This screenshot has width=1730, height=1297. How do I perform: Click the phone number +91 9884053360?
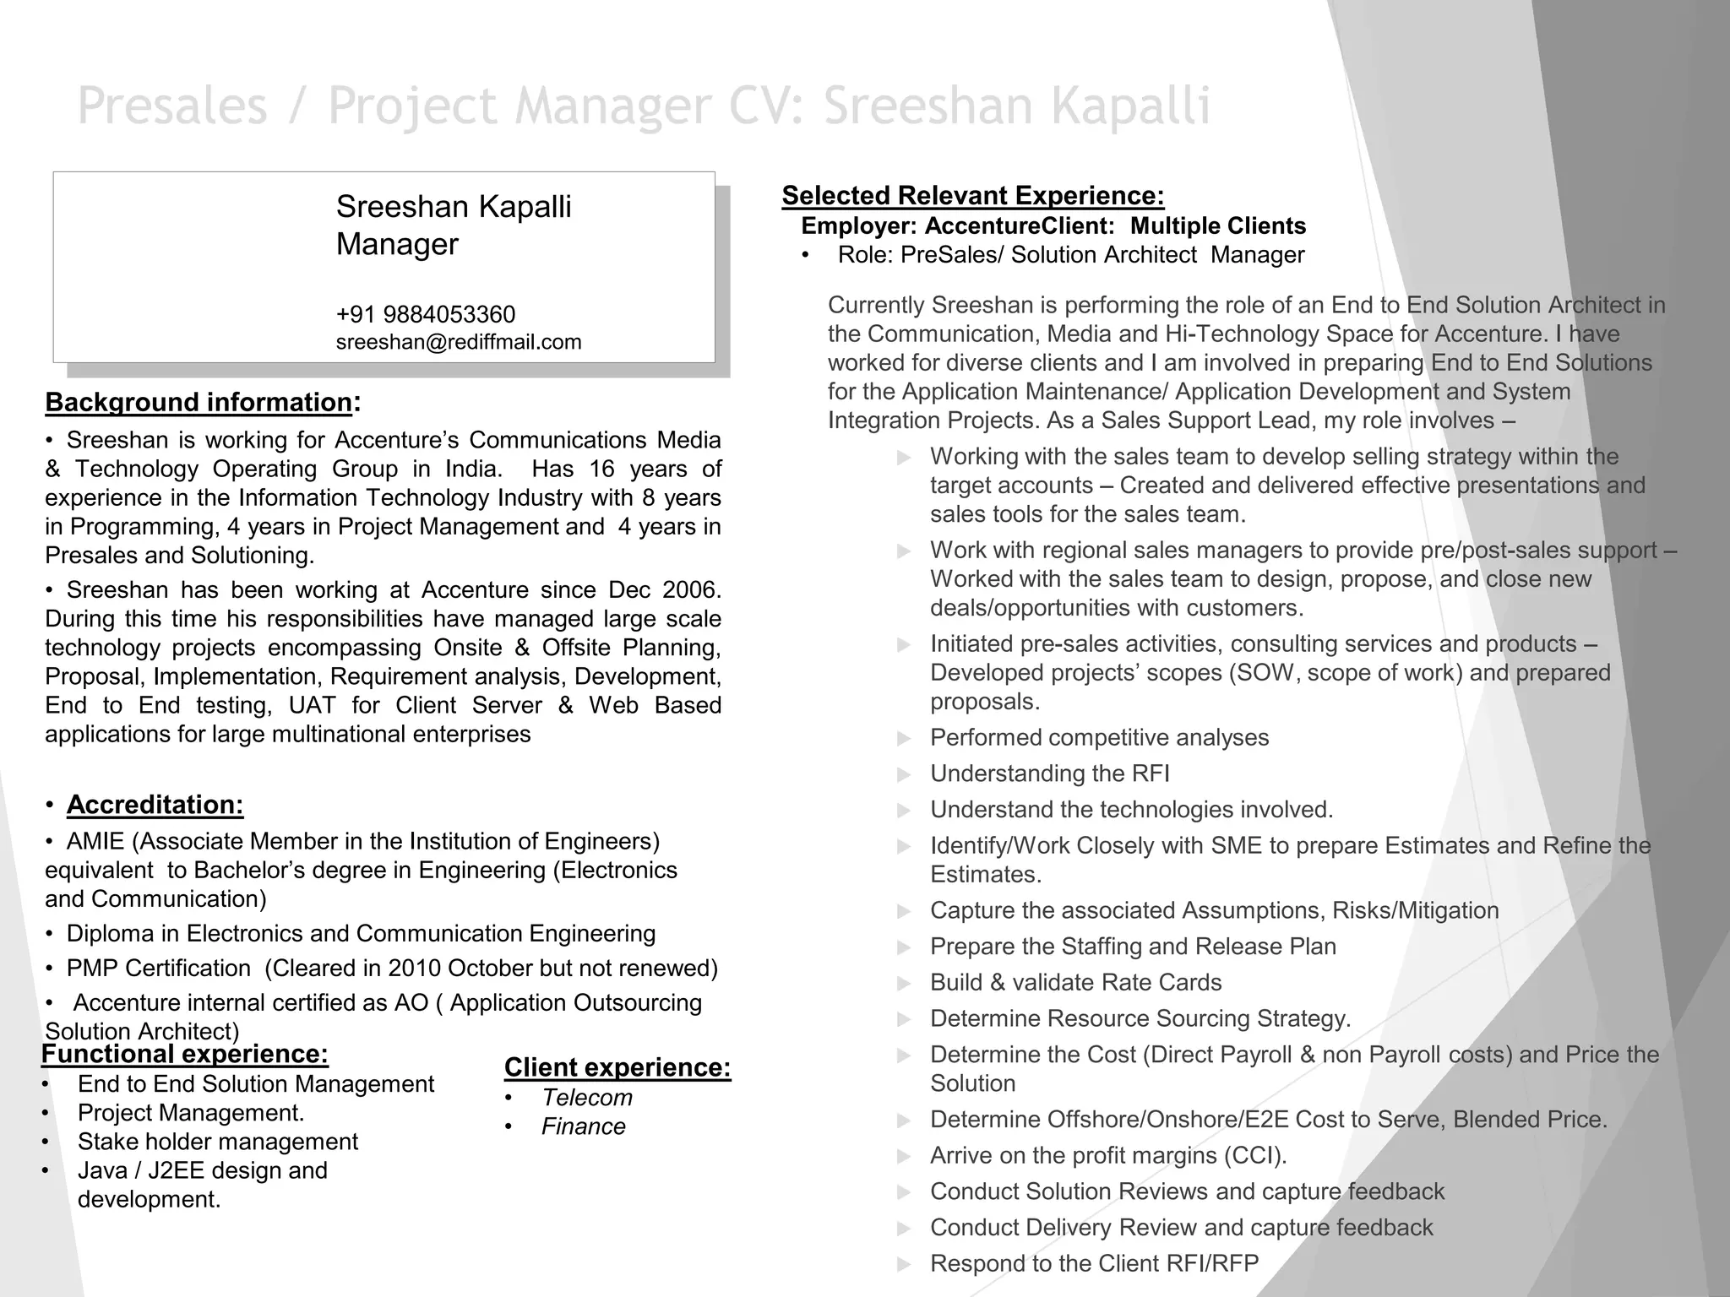pyautogui.click(x=425, y=314)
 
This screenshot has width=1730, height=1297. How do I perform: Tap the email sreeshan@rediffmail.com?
pyautogui.click(x=459, y=342)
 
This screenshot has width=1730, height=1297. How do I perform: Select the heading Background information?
pyautogui.click(x=199, y=402)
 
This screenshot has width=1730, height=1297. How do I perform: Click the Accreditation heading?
pyautogui.click(x=155, y=805)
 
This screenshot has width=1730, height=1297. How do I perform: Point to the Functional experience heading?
pyautogui.click(x=184, y=1054)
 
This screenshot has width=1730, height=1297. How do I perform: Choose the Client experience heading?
pyautogui.click(x=617, y=1067)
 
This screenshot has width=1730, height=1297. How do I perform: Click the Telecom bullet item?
pyautogui.click(x=586, y=1098)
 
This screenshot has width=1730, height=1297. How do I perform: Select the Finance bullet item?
pyautogui.click(x=583, y=1126)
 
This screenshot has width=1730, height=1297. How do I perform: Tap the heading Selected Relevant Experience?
pyautogui.click(x=972, y=195)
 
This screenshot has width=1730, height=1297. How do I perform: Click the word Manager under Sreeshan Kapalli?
pyautogui.click(x=397, y=244)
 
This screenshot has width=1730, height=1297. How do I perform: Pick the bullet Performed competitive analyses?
pyautogui.click(x=1099, y=737)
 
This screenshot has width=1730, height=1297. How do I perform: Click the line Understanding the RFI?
pyautogui.click(x=1049, y=773)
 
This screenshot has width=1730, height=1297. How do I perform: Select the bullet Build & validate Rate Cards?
pyautogui.click(x=1075, y=982)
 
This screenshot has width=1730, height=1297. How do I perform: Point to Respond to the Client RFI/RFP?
pyautogui.click(x=1094, y=1263)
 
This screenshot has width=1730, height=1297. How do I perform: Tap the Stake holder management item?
pyautogui.click(x=217, y=1142)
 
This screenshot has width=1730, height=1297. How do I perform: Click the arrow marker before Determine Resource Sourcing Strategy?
pyautogui.click(x=904, y=1019)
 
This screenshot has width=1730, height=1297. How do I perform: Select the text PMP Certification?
pyautogui.click(x=159, y=968)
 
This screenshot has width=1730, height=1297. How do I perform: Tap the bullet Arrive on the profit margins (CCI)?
pyautogui.click(x=1108, y=1155)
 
